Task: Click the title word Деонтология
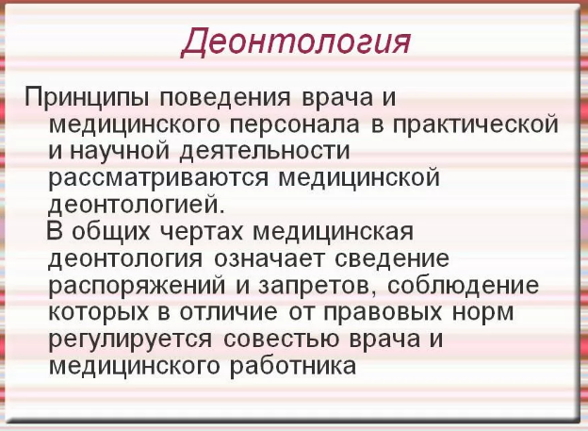[x=296, y=42]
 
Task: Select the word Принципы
[x=87, y=98]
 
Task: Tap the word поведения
[x=225, y=99]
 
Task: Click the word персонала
[x=295, y=125]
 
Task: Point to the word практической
[x=476, y=125]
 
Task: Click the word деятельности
[x=265, y=152]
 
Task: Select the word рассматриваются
[x=159, y=178]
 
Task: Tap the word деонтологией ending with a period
[x=137, y=205]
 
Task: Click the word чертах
[x=202, y=232]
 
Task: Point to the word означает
[x=269, y=258]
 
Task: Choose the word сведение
[x=392, y=258]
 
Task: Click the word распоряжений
[x=138, y=286]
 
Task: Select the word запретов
[x=318, y=286]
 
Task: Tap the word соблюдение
[x=463, y=286]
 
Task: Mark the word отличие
[x=229, y=312]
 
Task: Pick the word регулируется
[x=130, y=340]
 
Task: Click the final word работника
[x=293, y=366]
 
